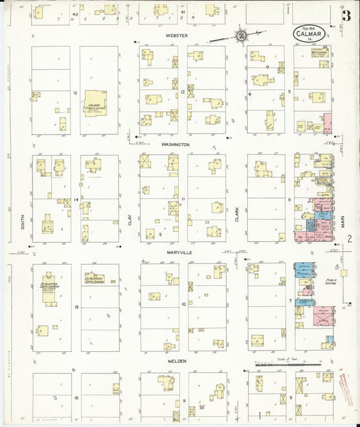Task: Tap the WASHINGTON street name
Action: tap(175, 145)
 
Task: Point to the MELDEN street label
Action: tap(176, 361)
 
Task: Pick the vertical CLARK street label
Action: tap(237, 214)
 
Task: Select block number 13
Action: tap(76, 93)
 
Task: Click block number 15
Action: tap(76, 307)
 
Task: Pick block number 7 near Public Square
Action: tap(290, 299)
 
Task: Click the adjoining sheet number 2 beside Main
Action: tap(350, 238)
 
